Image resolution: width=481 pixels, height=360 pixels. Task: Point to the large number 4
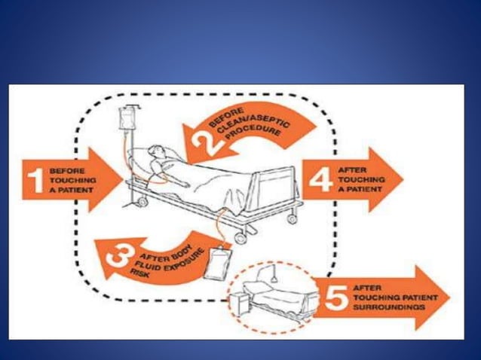click(x=320, y=180)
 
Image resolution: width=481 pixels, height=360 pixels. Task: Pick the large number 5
click(x=334, y=296)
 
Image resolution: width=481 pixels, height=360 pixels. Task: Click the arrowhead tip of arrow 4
click(x=402, y=180)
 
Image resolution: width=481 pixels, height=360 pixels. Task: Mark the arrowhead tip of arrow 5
click(x=449, y=297)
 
